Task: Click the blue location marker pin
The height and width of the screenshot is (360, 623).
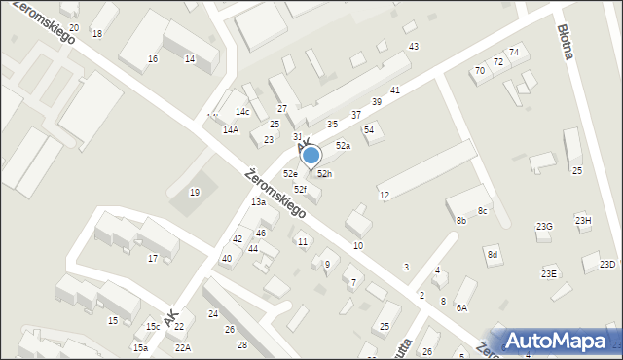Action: click(311, 156)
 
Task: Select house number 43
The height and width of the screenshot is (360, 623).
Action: click(414, 47)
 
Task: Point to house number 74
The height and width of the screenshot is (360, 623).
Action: click(514, 52)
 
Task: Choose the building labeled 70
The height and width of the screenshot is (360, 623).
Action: click(479, 71)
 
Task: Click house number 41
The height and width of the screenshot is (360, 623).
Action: click(395, 90)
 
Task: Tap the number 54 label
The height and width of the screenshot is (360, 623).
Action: click(369, 129)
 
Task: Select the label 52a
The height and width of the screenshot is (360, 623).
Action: click(343, 145)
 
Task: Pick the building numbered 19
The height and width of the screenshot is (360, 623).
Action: click(195, 192)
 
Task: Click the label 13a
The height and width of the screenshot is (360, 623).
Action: click(258, 201)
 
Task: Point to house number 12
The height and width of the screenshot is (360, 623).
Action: click(385, 196)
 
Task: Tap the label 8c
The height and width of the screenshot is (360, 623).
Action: click(482, 211)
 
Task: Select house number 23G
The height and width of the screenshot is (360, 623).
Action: click(544, 226)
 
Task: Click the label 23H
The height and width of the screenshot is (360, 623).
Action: click(583, 220)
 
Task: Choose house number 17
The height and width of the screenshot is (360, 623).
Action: click(153, 258)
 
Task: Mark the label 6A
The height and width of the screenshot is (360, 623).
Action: click(462, 307)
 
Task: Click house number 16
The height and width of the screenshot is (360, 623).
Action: click(153, 59)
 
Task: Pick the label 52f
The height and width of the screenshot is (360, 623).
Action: click(300, 189)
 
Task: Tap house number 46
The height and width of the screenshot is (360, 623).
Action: click(260, 234)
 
